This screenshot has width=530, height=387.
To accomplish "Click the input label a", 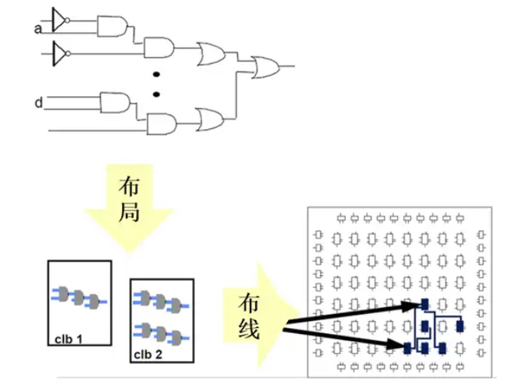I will [x=37, y=29].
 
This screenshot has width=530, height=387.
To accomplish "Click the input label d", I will [x=37, y=101].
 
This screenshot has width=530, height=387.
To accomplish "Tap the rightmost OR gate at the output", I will [x=267, y=67].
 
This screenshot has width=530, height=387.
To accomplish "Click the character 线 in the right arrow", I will [x=248, y=330].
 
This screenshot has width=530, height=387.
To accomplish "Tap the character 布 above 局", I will [x=129, y=186].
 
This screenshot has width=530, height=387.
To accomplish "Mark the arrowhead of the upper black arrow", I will [x=415, y=305].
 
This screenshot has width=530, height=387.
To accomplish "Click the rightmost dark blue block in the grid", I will [x=459, y=326].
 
